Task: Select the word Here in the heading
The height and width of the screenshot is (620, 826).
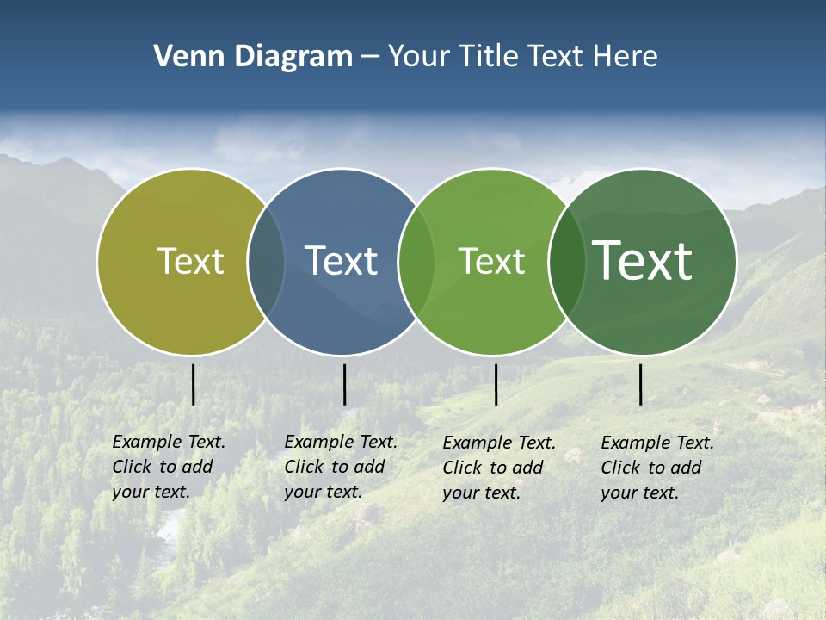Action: [626, 57]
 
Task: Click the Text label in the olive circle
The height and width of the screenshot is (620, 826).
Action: [190, 261]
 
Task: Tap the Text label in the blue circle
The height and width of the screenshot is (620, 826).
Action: [341, 261]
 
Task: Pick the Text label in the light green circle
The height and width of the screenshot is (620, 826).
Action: [491, 261]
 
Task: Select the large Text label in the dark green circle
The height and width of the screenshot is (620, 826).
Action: [642, 261]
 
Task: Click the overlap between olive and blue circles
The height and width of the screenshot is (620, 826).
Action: [266, 261]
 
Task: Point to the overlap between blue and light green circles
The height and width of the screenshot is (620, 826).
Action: [416, 261]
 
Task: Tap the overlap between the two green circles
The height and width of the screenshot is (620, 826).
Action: [567, 261]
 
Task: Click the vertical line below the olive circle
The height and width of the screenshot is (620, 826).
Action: [194, 384]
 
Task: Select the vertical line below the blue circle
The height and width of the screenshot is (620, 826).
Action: [344, 384]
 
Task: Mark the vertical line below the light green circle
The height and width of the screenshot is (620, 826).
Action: [496, 384]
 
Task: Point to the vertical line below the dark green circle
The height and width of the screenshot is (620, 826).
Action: [640, 384]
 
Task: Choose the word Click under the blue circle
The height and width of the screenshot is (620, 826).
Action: [304, 467]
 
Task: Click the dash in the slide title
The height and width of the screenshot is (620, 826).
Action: [370, 58]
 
